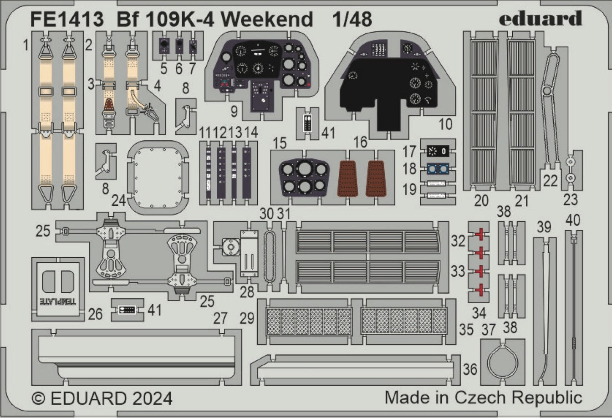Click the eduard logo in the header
(x=540, y=19)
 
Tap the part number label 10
(x=447, y=124)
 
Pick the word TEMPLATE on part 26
(x=57, y=301)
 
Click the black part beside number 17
(x=438, y=150)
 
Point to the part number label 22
(x=550, y=181)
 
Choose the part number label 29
(x=247, y=318)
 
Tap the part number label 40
(x=573, y=220)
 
